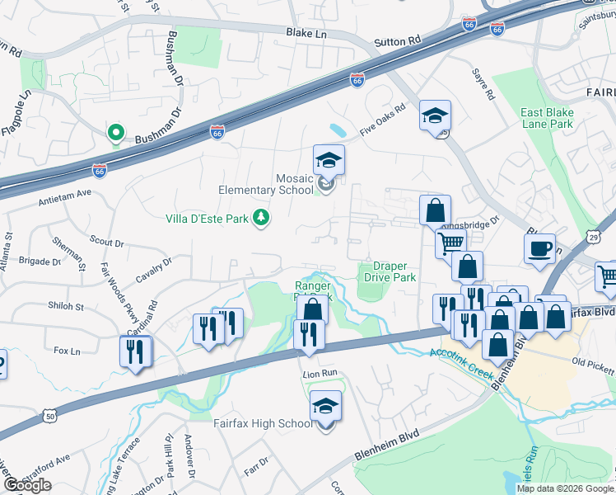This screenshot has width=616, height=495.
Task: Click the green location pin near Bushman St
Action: tap(116, 132)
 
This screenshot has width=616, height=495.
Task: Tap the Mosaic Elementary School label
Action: tap(265, 184)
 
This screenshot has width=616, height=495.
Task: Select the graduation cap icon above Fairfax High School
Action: tap(325, 405)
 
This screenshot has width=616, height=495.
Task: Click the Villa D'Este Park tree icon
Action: tap(261, 217)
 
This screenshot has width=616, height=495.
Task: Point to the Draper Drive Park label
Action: tap(390, 272)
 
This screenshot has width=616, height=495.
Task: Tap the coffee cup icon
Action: tap(539, 248)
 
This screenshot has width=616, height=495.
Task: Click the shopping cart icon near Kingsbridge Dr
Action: tap(450, 243)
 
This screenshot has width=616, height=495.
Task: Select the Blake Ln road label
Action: tap(306, 33)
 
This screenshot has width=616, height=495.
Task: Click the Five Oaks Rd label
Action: tap(383, 120)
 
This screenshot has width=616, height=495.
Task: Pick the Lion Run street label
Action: tap(320, 373)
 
